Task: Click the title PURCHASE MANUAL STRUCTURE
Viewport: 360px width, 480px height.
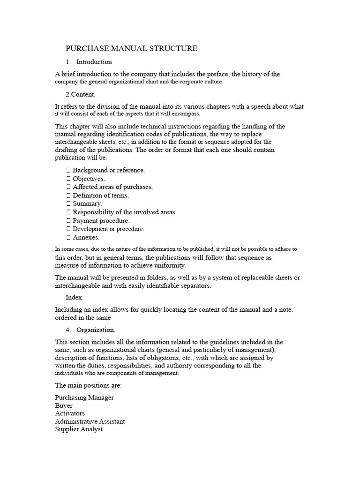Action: (131, 49)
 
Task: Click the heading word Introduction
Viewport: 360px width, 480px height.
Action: (94, 62)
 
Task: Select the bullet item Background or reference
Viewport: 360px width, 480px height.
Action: (109, 170)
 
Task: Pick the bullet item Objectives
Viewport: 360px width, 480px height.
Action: (89, 179)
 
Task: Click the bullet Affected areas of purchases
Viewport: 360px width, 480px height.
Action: (112, 187)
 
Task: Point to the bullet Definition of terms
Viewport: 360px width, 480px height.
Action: (101, 195)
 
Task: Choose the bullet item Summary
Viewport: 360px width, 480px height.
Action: (87, 204)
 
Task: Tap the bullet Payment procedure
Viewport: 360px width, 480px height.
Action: (101, 221)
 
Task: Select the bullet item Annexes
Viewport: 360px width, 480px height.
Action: (86, 238)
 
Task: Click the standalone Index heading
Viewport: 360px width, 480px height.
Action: (74, 298)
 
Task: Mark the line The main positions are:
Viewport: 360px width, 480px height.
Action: (88, 385)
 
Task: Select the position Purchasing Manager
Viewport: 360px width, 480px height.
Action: (84, 397)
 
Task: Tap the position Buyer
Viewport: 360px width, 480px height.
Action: (64, 405)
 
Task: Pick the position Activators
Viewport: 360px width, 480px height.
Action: (70, 413)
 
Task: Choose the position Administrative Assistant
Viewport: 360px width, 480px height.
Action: (90, 421)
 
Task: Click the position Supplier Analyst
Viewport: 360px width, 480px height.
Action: (79, 429)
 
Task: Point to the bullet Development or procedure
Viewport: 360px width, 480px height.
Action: (108, 229)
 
